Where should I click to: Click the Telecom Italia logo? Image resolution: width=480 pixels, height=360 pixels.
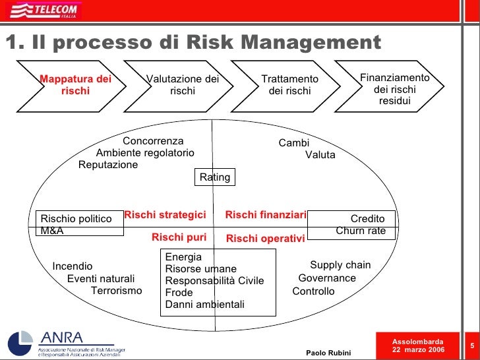[x=45, y=11]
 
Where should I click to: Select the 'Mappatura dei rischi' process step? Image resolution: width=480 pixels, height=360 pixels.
[x=75, y=85]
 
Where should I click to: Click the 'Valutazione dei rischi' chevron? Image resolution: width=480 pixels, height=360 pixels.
[x=182, y=85]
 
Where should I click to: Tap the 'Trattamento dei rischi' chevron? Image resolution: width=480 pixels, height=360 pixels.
[x=289, y=85]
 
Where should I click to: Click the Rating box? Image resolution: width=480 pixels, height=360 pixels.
[x=215, y=177]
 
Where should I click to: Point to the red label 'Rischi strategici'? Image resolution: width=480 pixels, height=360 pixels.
[x=165, y=215]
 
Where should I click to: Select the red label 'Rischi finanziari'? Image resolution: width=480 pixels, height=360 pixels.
[x=266, y=215]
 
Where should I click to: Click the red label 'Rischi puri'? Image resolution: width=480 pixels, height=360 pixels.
[x=179, y=237]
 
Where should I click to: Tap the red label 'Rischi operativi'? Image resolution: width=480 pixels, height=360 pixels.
[x=265, y=239]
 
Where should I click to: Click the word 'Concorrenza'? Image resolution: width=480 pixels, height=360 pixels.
[x=153, y=141]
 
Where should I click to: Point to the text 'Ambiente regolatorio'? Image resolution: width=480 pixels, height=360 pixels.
[x=145, y=153]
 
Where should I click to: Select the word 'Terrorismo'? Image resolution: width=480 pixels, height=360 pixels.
[x=116, y=291]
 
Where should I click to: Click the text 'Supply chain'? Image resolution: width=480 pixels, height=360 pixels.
[x=340, y=265]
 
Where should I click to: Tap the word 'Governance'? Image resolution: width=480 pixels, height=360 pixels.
[x=327, y=278]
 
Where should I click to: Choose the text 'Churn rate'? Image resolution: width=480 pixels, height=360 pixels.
[x=361, y=231]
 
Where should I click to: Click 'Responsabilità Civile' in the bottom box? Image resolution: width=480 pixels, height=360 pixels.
[x=214, y=281]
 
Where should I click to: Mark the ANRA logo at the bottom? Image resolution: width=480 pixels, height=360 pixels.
[x=66, y=340]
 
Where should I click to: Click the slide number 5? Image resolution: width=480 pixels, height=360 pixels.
[x=472, y=345]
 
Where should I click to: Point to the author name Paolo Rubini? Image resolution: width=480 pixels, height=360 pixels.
[x=328, y=352]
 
